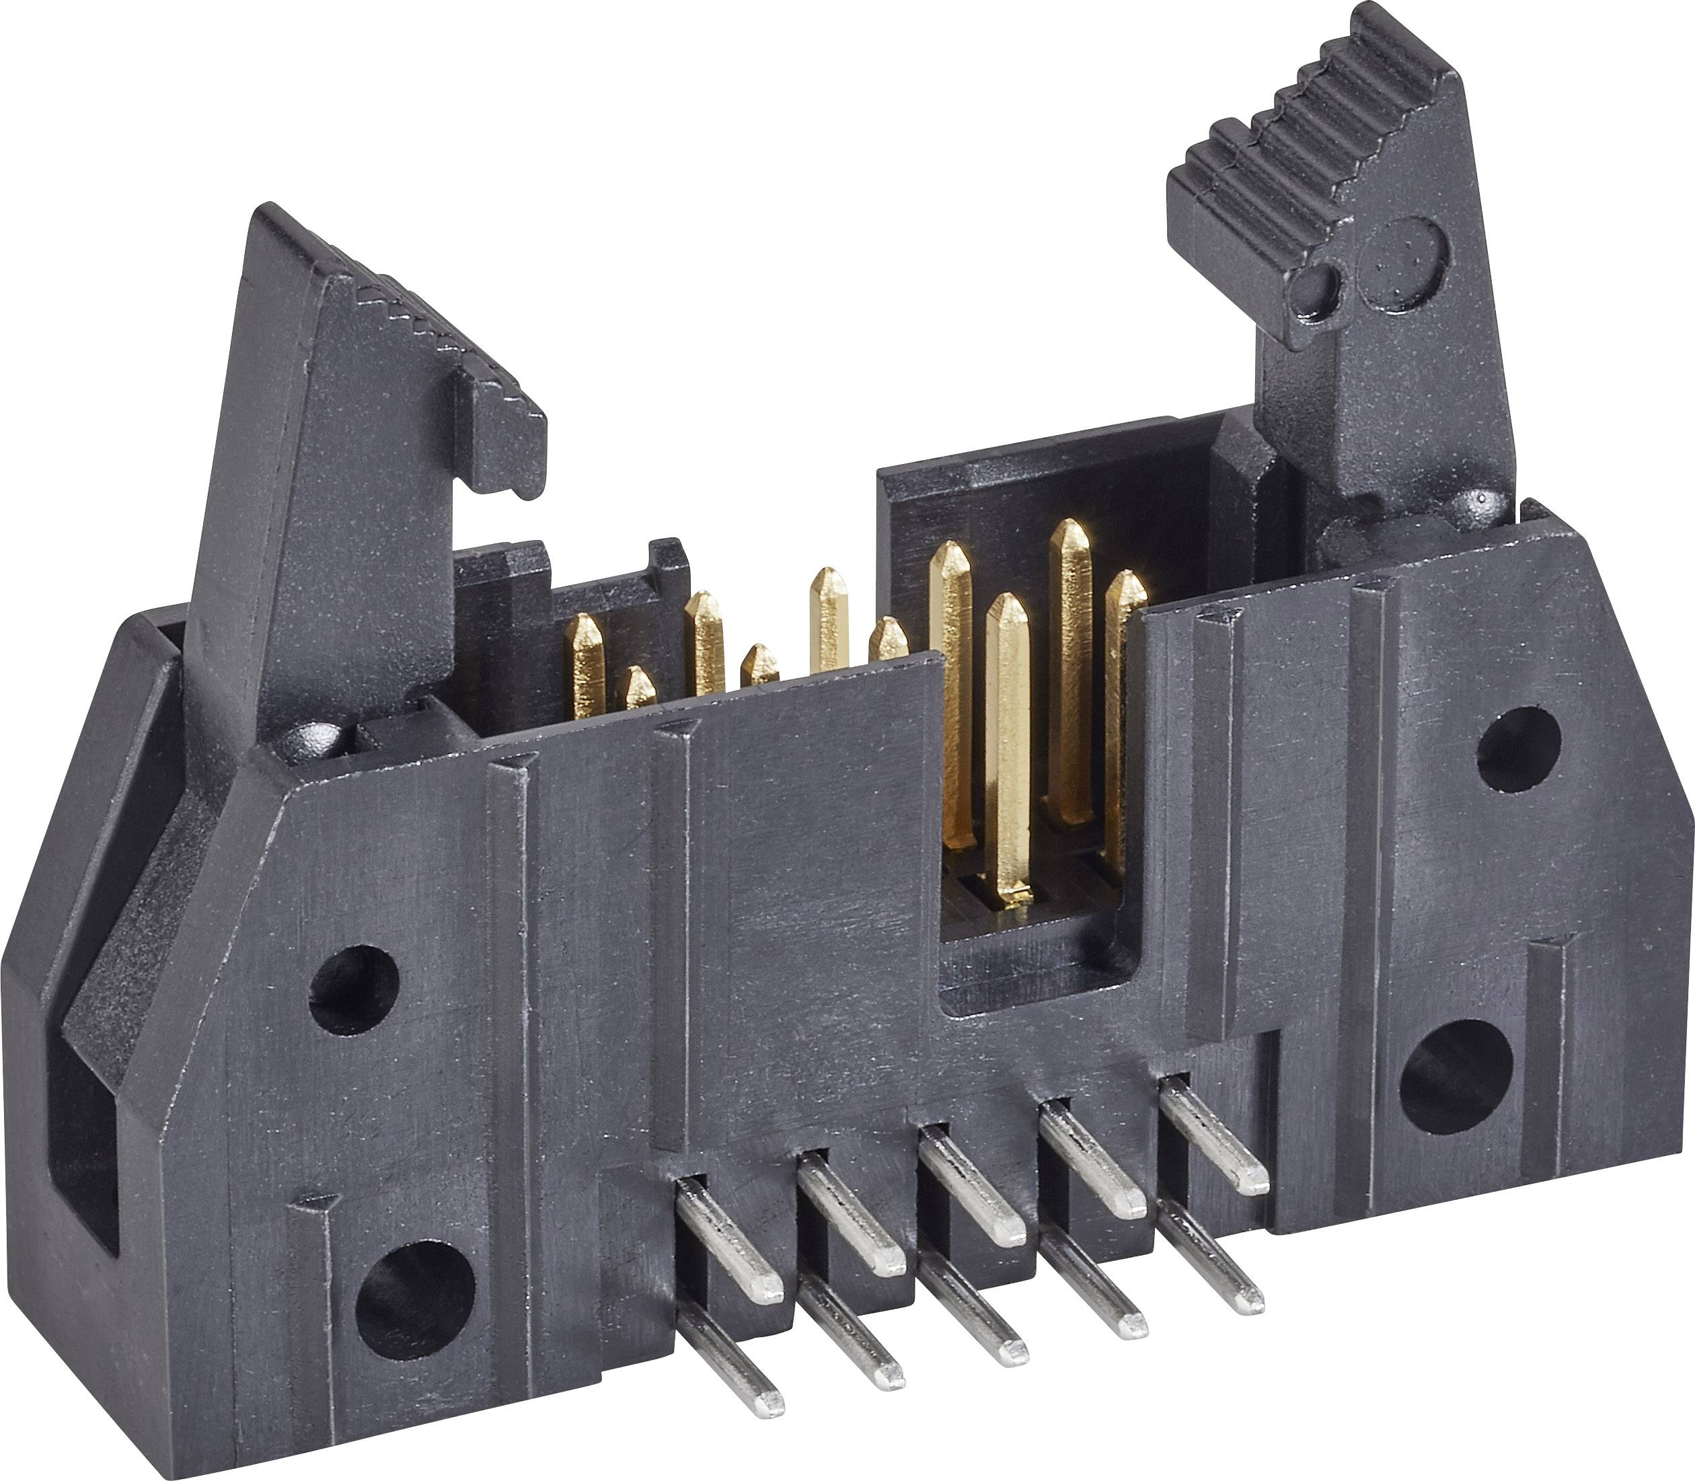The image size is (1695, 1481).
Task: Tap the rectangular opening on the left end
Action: click(83, 1141)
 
